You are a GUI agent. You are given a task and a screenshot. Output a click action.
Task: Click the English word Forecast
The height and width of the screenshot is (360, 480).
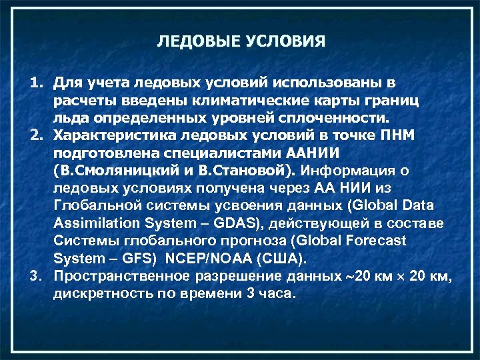pos(377,241)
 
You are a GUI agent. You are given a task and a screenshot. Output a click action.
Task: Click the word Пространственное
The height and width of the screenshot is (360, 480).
pos(122,276)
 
